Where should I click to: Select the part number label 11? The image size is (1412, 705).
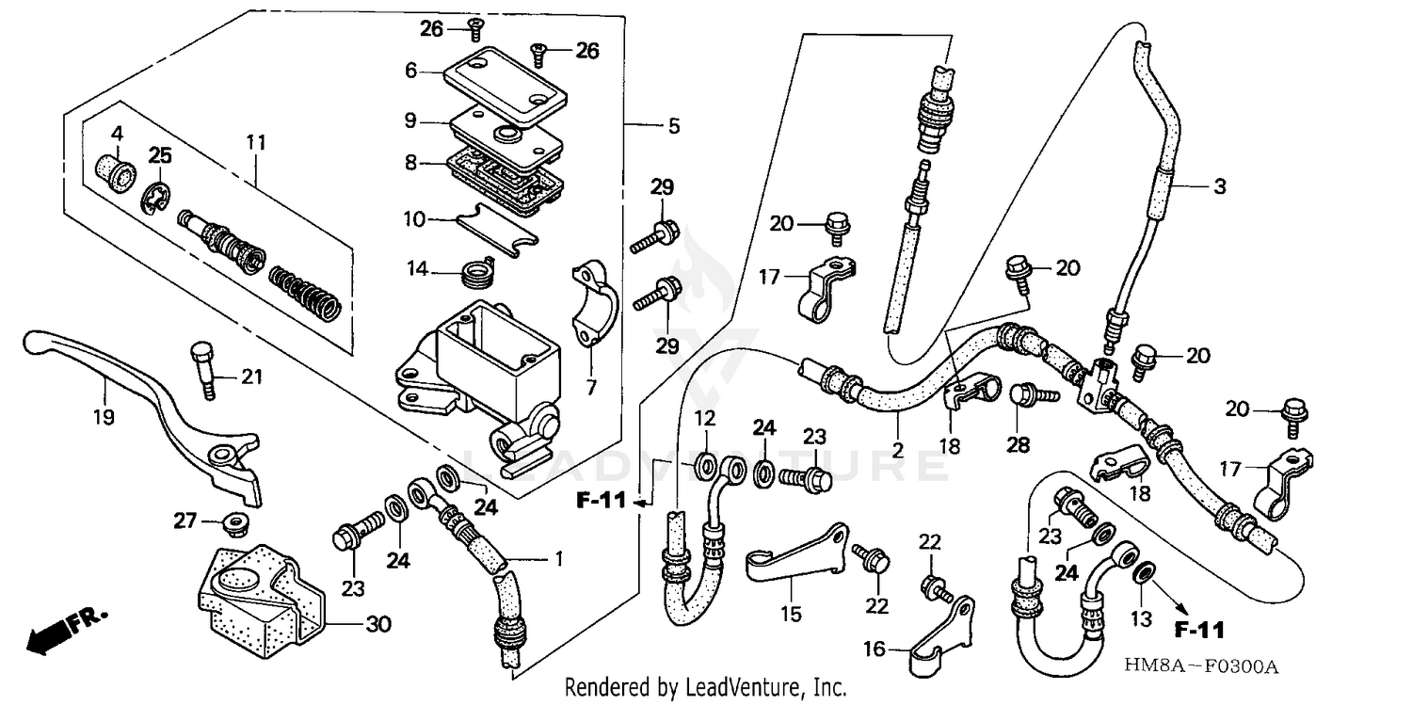point(256,142)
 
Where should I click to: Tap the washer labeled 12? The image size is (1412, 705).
point(705,465)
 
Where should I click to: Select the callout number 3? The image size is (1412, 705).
point(1219,186)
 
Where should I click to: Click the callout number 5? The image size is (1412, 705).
point(674,125)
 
